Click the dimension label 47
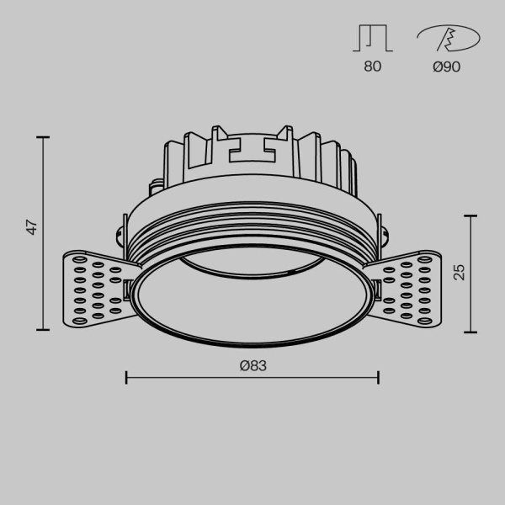[31, 226]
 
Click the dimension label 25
[459, 272]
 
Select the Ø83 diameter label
[252, 365]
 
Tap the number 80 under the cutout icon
[373, 66]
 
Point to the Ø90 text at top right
[446, 66]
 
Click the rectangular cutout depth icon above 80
[373, 39]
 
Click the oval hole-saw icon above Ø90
[448, 39]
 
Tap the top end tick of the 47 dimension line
[43, 136]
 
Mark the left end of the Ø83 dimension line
[126, 377]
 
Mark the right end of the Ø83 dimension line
[378, 377]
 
